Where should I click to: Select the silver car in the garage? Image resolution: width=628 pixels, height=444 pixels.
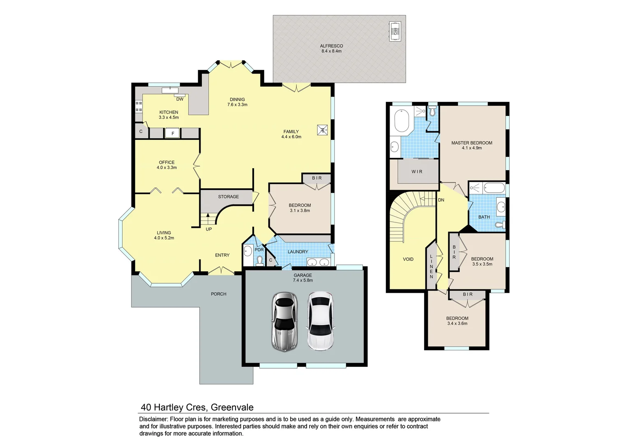[x=284, y=321]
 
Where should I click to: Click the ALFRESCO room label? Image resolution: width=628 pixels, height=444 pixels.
[x=331, y=46]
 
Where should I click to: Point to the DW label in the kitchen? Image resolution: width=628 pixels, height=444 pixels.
[x=180, y=99]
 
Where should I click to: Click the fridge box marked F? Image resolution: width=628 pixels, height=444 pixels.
[x=173, y=133]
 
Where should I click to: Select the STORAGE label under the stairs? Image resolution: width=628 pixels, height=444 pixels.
[x=228, y=197]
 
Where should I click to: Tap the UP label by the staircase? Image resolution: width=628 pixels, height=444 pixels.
[x=209, y=229]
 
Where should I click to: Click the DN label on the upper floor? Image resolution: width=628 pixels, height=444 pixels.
[x=441, y=200]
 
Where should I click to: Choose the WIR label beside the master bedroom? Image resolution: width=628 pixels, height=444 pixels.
[x=417, y=172]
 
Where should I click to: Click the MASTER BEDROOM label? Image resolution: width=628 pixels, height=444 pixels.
[x=471, y=143]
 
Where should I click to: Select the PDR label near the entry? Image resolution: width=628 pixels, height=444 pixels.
[x=259, y=250]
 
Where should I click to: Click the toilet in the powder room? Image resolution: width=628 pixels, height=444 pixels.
[x=259, y=261]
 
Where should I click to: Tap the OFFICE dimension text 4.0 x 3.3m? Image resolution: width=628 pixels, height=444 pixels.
[x=166, y=168]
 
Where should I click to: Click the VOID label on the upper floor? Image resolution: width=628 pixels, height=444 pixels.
[x=408, y=259]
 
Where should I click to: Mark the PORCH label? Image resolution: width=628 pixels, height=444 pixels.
[x=218, y=294]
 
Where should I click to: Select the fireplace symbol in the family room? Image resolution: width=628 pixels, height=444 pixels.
[x=323, y=130]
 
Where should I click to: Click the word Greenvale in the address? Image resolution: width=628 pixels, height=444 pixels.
[x=232, y=407]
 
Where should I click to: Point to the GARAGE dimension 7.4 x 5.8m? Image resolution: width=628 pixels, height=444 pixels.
[x=302, y=280]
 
